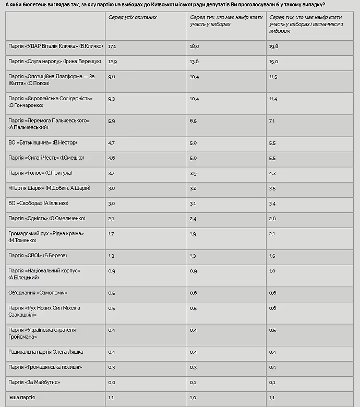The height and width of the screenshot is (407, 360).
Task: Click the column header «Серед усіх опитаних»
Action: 132,17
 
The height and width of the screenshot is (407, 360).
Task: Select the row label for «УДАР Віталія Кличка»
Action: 56,46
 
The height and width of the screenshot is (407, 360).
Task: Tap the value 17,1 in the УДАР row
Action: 112,46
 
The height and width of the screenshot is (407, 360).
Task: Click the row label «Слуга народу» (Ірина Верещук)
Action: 54,62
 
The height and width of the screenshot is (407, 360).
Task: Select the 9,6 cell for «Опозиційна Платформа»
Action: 112,77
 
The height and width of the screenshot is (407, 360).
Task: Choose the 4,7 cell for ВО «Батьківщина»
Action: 112,142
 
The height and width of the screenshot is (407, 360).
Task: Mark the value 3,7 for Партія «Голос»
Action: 112,172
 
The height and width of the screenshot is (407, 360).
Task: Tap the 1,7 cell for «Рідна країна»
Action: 111,233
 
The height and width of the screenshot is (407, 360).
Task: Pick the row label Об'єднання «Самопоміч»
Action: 38,293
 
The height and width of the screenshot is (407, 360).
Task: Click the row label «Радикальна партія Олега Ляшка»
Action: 46,352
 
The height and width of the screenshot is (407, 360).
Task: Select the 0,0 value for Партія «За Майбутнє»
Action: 112,382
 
